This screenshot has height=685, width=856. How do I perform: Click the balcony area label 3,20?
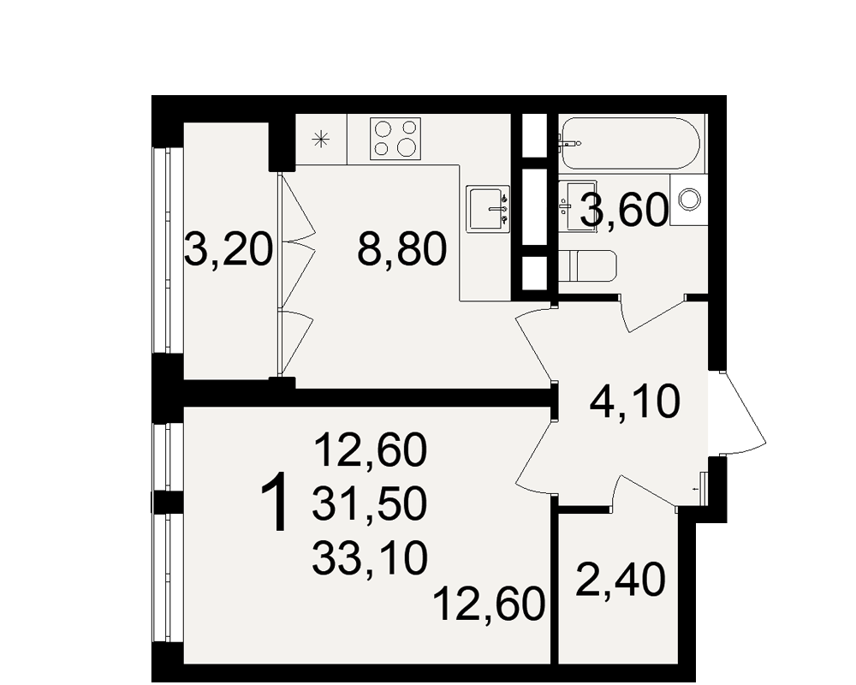[229, 248]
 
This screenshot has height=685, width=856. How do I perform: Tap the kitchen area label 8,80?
[401, 248]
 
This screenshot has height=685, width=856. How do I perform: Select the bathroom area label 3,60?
[625, 211]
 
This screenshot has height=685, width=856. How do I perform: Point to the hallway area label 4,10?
[635, 401]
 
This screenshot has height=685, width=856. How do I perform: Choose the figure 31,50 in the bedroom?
[369, 503]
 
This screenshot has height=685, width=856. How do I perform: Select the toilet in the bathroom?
[587, 266]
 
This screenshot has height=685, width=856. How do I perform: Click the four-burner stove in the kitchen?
[395, 139]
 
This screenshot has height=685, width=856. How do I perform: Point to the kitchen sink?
[488, 209]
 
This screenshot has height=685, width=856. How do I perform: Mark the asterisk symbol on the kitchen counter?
[320, 140]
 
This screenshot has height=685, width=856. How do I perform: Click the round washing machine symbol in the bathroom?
[689, 199]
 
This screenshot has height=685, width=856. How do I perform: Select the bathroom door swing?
[653, 313]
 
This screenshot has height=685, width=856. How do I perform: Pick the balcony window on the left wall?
[168, 250]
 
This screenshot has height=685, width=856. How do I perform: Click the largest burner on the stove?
[407, 146]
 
